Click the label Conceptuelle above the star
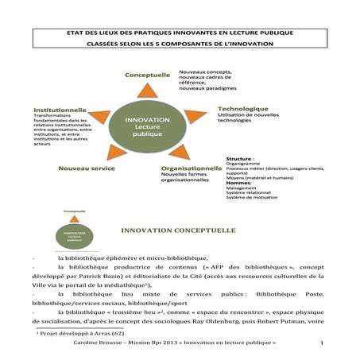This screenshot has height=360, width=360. [x=147, y=75]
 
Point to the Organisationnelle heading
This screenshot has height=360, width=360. [x=191, y=168]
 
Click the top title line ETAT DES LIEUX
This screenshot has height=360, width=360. [x=179, y=33]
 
